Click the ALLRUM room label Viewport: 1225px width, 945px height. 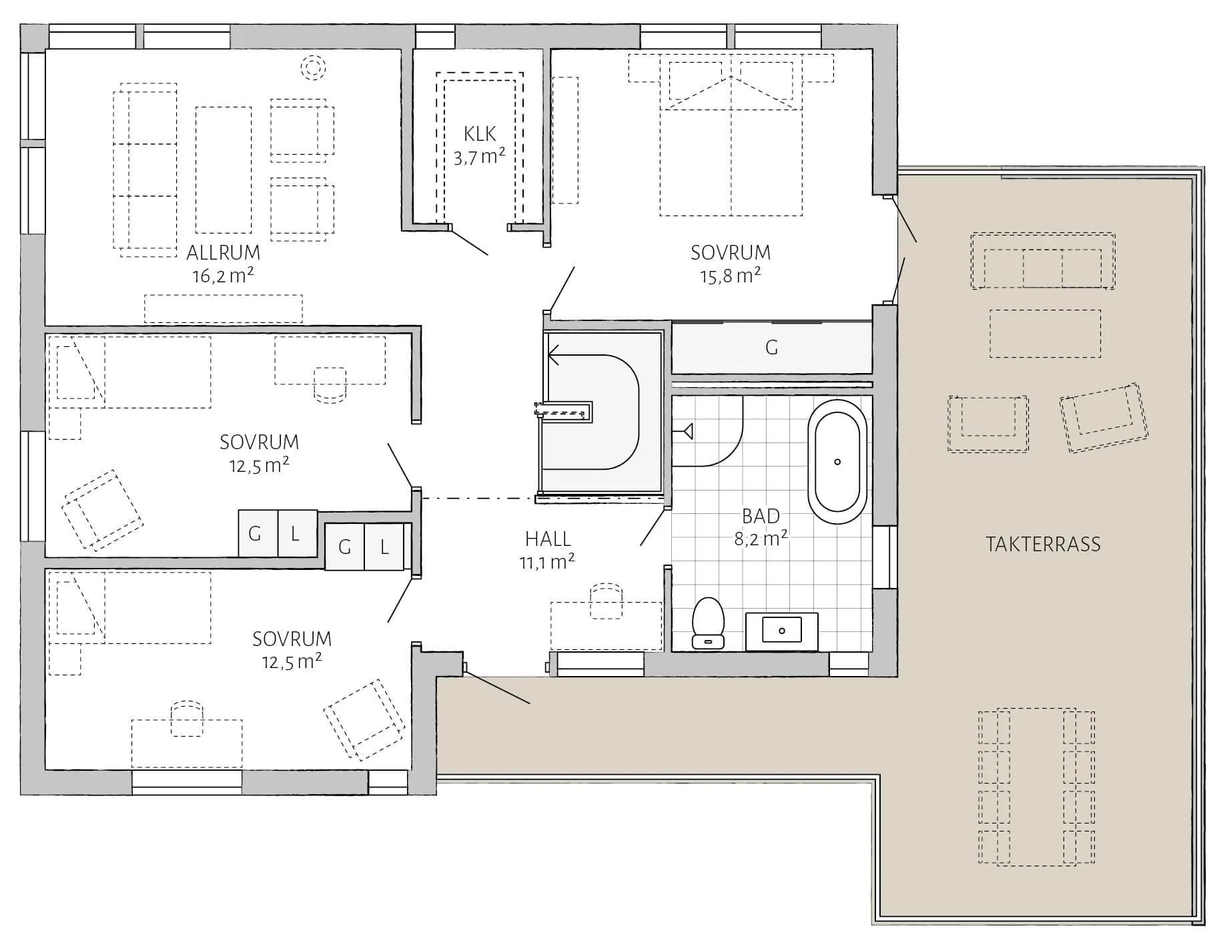[223, 253]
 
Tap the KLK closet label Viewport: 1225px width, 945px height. [480, 134]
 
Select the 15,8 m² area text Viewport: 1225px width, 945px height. [730, 276]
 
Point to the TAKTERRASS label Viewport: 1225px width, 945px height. [1043, 545]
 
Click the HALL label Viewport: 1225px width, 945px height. [548, 539]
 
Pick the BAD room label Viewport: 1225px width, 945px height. [761, 516]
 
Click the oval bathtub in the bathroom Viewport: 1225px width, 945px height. [837, 462]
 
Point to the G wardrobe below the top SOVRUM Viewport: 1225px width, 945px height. [772, 348]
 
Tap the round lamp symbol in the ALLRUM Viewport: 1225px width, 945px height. [312, 67]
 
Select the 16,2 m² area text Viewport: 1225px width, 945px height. [223, 276]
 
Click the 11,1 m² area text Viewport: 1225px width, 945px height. [547, 562]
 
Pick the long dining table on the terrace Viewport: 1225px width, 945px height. [1037, 787]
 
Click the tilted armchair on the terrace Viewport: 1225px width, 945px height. [1104, 418]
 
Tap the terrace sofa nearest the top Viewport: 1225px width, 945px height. [1043, 261]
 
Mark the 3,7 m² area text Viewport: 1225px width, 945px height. [480, 157]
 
